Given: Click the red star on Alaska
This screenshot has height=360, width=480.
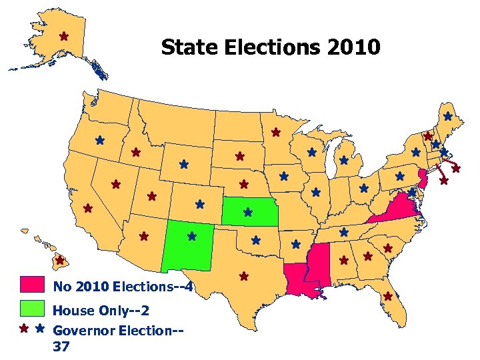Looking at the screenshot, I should [x=64, y=36].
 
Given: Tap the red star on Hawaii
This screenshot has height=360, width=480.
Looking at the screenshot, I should [x=59, y=260].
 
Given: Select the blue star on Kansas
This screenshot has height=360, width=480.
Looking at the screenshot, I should [x=248, y=213].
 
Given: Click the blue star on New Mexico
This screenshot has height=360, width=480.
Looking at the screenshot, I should [x=192, y=236].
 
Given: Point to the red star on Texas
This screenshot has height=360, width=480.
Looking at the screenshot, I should [x=244, y=275].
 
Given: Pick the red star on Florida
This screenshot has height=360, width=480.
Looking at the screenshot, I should [x=389, y=296].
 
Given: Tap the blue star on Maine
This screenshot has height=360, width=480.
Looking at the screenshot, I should [x=447, y=117].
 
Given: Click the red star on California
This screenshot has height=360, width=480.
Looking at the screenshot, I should [x=87, y=209].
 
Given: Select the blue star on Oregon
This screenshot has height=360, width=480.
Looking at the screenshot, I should [x=99, y=141].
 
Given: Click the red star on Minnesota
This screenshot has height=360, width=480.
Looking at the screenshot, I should [x=275, y=133].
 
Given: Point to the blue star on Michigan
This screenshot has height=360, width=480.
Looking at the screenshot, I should [x=344, y=161].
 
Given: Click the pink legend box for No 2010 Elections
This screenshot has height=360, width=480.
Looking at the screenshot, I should [x=33, y=285].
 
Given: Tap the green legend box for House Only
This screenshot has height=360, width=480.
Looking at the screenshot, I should [x=33, y=309].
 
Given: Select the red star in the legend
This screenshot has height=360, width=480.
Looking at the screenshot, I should [x=24, y=329].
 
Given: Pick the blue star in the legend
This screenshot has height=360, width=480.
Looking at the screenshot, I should [x=39, y=329].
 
